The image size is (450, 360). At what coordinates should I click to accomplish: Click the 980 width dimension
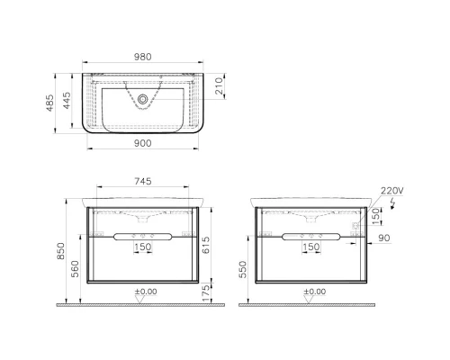point(142,57)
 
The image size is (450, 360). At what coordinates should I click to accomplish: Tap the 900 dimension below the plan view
point(142,143)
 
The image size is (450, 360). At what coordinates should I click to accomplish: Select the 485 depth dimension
point(50,103)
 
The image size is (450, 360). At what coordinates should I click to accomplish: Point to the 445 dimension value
point(67,101)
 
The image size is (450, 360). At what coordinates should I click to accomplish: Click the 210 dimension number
point(220,86)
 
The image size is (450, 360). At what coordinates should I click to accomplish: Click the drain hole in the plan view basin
point(142,99)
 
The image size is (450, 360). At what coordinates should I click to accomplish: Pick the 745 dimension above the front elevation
point(143,181)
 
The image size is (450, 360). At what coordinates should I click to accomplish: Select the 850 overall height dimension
point(60,251)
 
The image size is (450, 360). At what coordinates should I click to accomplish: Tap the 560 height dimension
point(76,269)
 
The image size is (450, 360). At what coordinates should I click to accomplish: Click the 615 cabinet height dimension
point(206,245)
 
